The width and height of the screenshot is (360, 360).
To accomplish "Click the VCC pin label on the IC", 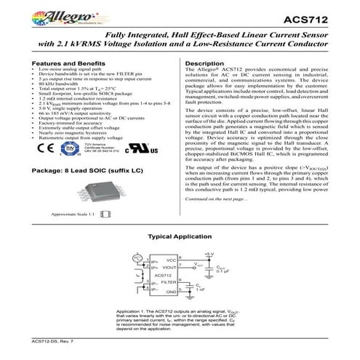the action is click(172, 259).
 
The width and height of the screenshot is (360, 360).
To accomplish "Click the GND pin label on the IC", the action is click(172, 289).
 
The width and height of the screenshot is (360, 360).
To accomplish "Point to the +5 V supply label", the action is click(209, 252).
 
